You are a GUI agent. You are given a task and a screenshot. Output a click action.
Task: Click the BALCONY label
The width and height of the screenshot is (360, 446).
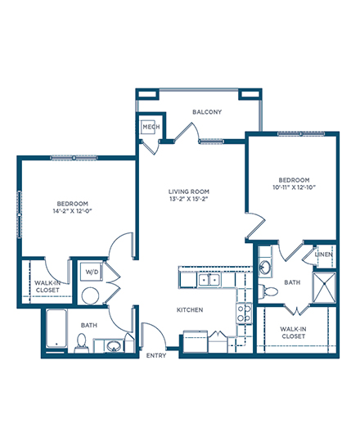tap(207, 112)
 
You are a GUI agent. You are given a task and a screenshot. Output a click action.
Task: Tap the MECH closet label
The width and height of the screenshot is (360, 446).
tap(151, 127)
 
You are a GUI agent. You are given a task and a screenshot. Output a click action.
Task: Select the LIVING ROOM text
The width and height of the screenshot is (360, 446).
tap(189, 191)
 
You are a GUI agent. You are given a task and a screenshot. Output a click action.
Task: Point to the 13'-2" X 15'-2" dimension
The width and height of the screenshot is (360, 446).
tap(189, 199)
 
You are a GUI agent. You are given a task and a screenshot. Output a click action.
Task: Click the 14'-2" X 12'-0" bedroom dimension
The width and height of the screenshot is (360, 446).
tap(73, 211)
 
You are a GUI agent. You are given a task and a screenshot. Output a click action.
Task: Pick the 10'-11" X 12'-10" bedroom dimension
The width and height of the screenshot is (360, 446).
tap(295, 187)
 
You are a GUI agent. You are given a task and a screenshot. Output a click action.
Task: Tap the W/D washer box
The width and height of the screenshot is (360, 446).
tap(92, 272)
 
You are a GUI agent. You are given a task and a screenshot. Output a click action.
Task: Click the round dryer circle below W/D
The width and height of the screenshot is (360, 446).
tap(91, 295)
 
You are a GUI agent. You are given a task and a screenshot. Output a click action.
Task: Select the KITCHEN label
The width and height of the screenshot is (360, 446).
tap(190, 310)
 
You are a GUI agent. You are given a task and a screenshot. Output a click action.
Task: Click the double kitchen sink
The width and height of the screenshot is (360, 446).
tap(209, 280)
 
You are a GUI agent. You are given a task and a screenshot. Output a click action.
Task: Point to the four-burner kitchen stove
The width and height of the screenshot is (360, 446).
tap(245, 313)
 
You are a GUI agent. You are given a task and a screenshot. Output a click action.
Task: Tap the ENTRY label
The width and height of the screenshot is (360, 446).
tap(156, 355)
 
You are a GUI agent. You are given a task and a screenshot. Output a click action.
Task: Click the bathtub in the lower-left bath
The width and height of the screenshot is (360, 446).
tap(57, 328)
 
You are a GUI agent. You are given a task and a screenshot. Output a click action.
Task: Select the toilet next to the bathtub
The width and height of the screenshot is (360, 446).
tap(81, 343)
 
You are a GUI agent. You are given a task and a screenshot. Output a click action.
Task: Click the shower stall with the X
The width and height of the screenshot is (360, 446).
tap(324, 287)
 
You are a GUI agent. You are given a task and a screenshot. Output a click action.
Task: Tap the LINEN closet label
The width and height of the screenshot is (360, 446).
tap(324, 255)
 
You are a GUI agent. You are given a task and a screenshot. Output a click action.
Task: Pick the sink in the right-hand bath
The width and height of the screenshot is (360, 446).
tap(266, 267)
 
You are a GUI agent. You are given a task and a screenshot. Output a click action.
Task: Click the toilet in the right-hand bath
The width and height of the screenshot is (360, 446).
tap(268, 291)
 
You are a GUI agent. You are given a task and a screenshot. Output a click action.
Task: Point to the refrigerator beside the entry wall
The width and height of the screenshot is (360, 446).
tap(196, 341)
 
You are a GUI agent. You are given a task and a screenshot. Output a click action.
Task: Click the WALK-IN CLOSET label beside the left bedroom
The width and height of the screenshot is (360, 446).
tap(47, 286)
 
